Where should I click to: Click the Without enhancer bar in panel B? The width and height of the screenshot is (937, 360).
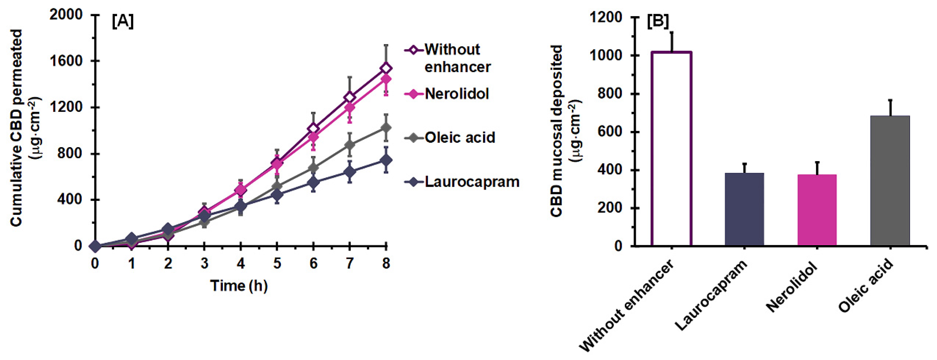[x=671, y=149]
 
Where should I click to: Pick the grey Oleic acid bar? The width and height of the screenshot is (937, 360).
[x=890, y=181]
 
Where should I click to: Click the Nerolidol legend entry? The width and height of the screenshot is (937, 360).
[x=456, y=94]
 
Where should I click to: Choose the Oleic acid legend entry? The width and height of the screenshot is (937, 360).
[x=459, y=137]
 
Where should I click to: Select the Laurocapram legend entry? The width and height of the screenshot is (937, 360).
[x=472, y=182]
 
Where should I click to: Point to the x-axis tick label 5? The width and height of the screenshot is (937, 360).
[x=277, y=263]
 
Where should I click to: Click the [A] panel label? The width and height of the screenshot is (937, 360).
[x=123, y=22]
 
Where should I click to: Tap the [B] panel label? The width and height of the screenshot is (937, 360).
[x=658, y=22]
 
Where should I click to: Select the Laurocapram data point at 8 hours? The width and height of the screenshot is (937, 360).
[x=386, y=160]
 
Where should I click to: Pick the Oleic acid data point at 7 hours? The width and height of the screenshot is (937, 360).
[x=350, y=145]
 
